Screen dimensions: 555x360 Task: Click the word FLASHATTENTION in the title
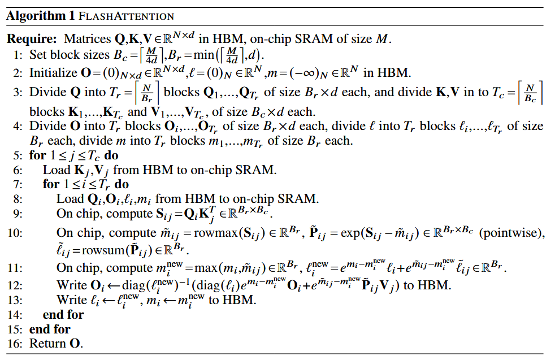pos(127,16)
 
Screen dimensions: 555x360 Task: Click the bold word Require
pos(32,38)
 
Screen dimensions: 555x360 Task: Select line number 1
pos(18,55)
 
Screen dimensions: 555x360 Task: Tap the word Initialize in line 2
pos(53,72)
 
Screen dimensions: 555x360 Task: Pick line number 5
pos(18,156)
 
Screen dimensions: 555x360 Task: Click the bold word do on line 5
pos(111,155)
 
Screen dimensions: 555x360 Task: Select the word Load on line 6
pos(57,170)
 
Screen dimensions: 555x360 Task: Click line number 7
pos(18,184)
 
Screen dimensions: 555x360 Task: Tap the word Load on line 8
pos(70,198)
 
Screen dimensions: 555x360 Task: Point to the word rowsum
pos(103,250)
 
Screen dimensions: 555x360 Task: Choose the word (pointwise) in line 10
pos(512,233)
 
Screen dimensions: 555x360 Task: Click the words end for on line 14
pos(63,314)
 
